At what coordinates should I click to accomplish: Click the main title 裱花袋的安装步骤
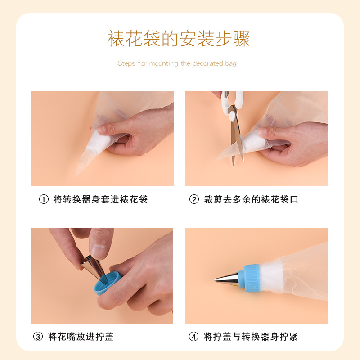pos(179,39)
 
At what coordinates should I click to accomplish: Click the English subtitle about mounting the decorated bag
pos(177,63)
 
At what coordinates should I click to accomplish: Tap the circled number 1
pos(44,199)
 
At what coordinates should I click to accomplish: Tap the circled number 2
pos(194,199)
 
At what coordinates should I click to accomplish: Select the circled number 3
pos(38,337)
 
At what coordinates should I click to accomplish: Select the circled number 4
pos(194,337)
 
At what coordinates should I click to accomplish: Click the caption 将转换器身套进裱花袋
pos(100,199)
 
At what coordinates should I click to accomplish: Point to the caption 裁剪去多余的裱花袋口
pos(251,199)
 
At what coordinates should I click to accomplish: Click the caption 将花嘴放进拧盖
pos(81,337)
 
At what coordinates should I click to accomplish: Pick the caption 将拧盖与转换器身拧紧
pos(251,337)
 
